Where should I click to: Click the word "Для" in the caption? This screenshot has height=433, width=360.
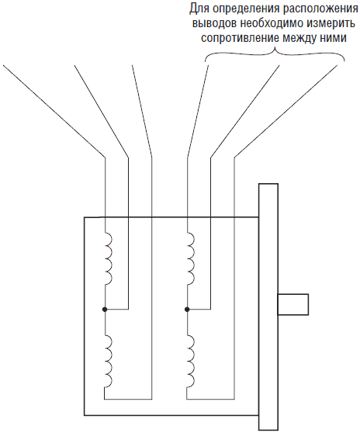(x=198, y=9)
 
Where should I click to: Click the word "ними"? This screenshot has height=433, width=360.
(x=333, y=38)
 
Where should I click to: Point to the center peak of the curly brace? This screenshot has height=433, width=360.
(x=275, y=49)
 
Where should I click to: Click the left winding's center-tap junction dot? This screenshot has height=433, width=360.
(x=105, y=310)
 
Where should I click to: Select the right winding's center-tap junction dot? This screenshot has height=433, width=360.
(x=187, y=310)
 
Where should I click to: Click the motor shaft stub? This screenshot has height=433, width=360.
(x=293, y=304)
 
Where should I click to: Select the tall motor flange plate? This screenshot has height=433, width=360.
(x=268, y=307)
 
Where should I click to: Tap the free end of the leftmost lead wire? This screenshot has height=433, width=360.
(x=3, y=65)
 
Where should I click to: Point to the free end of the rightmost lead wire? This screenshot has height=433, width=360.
(x=337, y=66)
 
